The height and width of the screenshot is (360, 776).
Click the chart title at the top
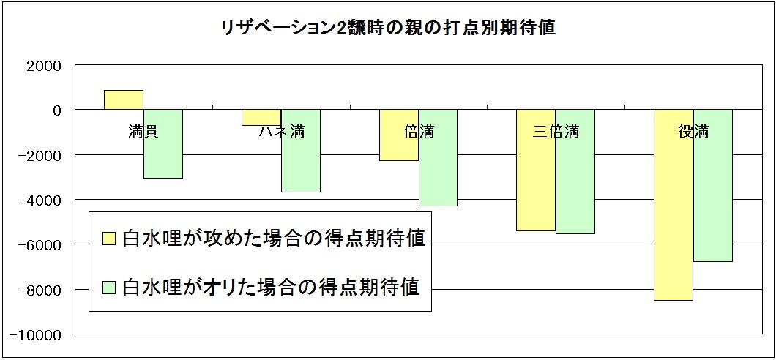[388, 29]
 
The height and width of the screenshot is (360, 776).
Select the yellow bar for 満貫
[123, 100]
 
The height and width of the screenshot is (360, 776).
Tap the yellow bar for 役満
[674, 220]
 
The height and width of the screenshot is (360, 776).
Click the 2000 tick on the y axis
[46, 65]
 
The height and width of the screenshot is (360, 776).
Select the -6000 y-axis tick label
[42, 245]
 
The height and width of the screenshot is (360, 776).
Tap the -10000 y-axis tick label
[40, 335]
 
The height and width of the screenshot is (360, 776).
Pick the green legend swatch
[109, 285]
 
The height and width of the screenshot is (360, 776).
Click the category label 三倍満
[556, 132]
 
